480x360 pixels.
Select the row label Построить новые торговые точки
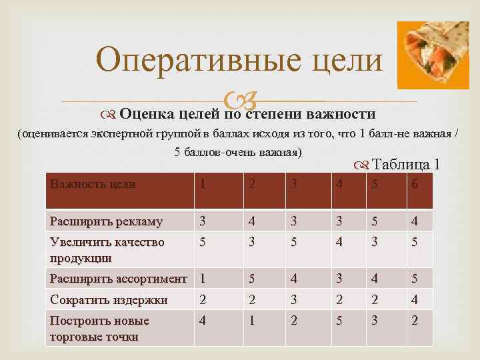(x=99, y=328)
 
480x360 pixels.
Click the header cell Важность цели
(x=93, y=185)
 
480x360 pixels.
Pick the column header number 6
(x=414, y=185)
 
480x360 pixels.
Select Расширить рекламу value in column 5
(x=376, y=221)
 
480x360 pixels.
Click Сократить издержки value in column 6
(x=414, y=300)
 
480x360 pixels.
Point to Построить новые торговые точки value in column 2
(x=251, y=321)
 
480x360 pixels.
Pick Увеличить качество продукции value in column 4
(x=340, y=242)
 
